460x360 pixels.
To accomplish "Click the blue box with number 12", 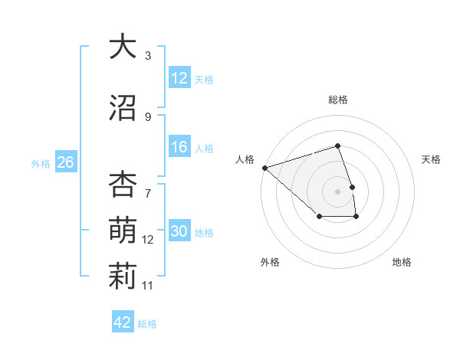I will click(x=179, y=78).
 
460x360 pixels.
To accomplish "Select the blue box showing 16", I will click(x=179, y=147).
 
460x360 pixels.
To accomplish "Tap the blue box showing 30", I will click(x=179, y=231).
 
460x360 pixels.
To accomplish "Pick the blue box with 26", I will click(x=65, y=162).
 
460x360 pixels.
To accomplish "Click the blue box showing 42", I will click(x=123, y=322).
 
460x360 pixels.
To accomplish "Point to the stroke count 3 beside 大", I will click(x=148, y=56).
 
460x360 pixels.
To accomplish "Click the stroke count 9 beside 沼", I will click(x=148, y=117).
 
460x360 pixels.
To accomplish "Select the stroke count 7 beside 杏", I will click(x=148, y=185).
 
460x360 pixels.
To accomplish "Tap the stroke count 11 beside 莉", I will click(x=148, y=286).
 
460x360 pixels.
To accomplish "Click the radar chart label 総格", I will click(x=337, y=100).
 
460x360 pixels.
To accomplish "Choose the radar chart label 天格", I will click(x=431, y=159).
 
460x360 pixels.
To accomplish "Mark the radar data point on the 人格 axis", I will click(x=264, y=167).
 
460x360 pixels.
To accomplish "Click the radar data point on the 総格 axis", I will click(x=337, y=146).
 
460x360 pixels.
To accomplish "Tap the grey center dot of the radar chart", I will click(x=337, y=191).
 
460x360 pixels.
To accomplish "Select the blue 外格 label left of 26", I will click(x=41, y=163).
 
